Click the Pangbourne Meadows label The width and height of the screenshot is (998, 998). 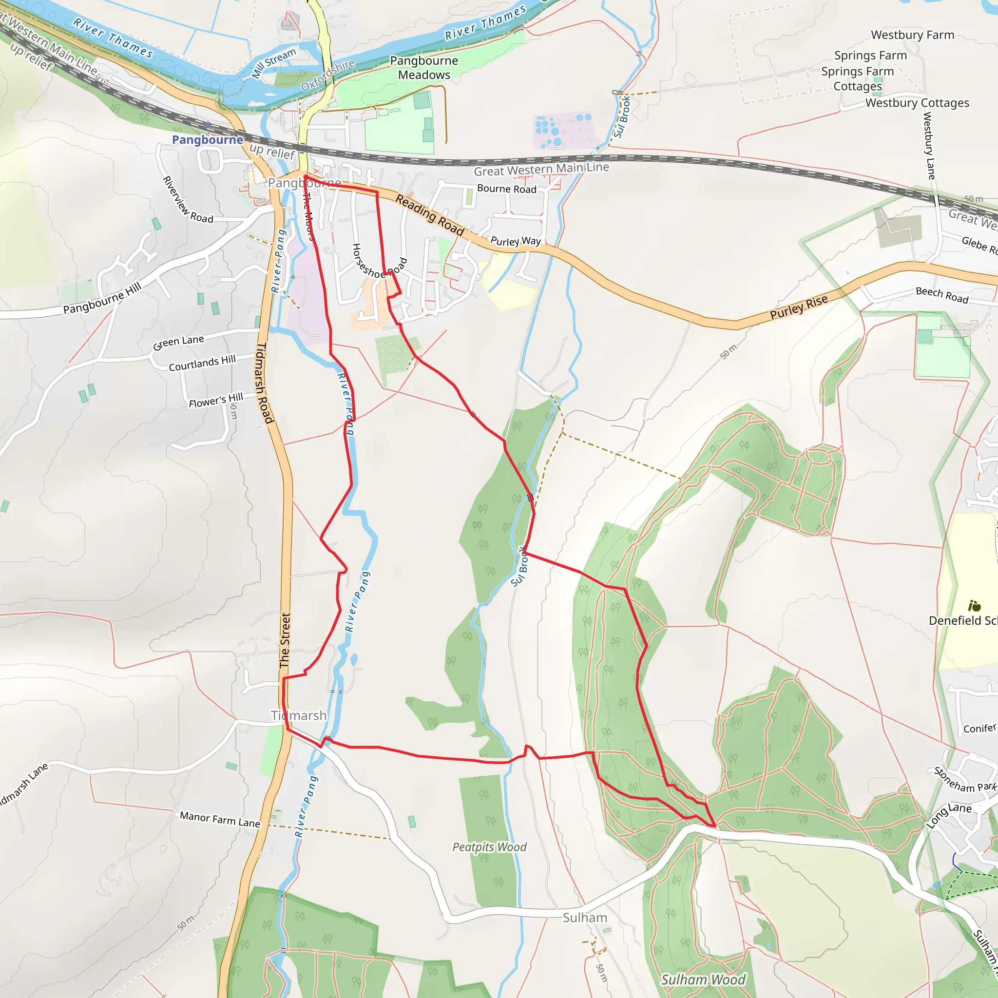click(x=423, y=68)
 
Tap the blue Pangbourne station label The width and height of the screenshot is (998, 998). click(x=207, y=139)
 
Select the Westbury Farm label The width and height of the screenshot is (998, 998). click(x=912, y=35)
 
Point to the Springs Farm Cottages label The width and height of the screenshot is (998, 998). click(x=858, y=78)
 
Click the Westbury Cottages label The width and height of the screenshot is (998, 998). click(x=917, y=103)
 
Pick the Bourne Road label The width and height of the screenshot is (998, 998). click(x=506, y=189)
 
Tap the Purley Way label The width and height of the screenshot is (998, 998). click(x=515, y=241)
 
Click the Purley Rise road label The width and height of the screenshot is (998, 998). click(x=799, y=307)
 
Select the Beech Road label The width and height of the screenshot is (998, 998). click(x=941, y=294)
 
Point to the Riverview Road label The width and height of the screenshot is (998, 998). click(x=188, y=200)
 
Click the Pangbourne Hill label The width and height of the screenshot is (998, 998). click(x=102, y=299)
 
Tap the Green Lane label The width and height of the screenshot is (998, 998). click(x=178, y=342)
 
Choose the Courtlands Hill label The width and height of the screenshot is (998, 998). click(x=202, y=363)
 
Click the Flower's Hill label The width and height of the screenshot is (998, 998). click(x=215, y=401)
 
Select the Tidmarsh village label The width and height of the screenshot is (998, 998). click(x=299, y=715)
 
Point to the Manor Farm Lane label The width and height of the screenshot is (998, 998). click(x=220, y=819)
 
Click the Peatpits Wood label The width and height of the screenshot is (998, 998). click(x=489, y=846)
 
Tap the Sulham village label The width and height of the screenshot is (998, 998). click(x=584, y=918)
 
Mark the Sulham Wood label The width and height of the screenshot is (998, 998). click(x=703, y=979)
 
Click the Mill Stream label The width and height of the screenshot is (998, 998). click(x=274, y=63)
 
